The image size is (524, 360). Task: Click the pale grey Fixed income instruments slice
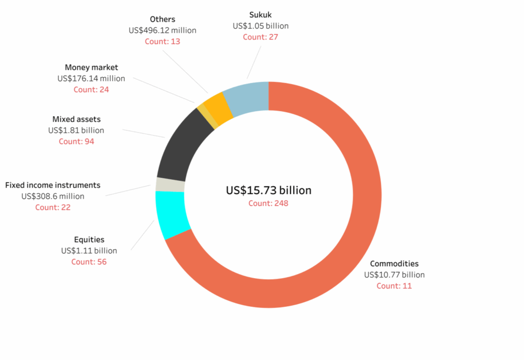coord(170,185)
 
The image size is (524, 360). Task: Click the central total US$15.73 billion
coord(269,190)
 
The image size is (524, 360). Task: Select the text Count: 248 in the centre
coord(269,203)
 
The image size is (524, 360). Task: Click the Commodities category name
coord(394,264)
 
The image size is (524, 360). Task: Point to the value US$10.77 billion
coord(394,274)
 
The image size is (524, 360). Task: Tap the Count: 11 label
coord(394,286)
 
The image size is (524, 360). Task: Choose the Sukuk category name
coord(260,15)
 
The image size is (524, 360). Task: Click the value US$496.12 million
coord(162,30)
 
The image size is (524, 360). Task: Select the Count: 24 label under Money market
coord(91,89)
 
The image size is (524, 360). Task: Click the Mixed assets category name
coord(76,119)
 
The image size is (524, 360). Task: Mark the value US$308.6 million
coord(53,196)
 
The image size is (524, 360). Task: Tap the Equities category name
coord(89,240)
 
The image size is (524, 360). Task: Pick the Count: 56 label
coord(89,262)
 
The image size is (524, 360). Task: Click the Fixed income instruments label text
coord(53,185)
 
